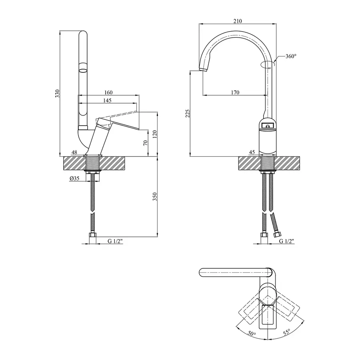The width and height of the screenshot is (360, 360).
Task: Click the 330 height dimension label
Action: click(57, 94)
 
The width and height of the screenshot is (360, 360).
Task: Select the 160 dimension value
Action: click(108, 92)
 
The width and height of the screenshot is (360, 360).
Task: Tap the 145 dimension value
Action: click(107, 100)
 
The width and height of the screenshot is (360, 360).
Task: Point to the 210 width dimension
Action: click(238, 21)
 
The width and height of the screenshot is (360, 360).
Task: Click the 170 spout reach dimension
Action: click(235, 92)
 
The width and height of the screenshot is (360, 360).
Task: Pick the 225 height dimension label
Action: click(188, 114)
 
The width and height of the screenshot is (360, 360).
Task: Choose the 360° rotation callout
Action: click(291, 56)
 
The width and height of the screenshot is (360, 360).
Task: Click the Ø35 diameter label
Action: click(74, 178)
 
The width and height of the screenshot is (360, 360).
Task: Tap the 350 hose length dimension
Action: click(155, 197)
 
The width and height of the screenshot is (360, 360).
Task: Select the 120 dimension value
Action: click(155, 134)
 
